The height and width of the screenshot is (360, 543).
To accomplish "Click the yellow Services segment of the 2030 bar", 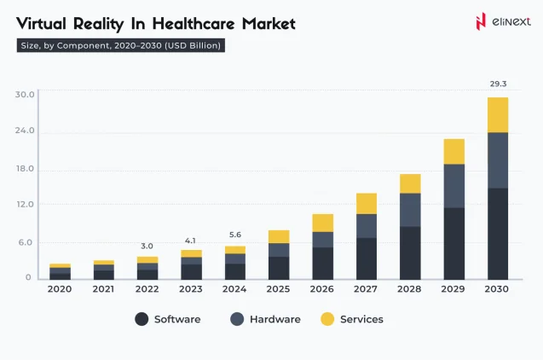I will pyautogui.click(x=497, y=114).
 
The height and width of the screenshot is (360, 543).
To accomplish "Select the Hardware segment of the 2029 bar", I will pyautogui.click(x=453, y=185).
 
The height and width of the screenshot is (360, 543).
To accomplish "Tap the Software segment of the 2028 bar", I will pyautogui.click(x=410, y=253).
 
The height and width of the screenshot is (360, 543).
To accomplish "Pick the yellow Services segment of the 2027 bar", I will pyautogui.click(x=367, y=203).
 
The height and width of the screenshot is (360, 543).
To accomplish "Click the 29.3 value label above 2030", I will pyautogui.click(x=497, y=84).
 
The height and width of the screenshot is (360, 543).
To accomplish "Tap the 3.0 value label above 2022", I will pyautogui.click(x=147, y=246).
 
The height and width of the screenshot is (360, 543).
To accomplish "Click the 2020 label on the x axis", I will pyautogui.click(x=60, y=290).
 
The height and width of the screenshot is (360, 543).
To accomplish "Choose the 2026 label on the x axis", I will pyautogui.click(x=322, y=290).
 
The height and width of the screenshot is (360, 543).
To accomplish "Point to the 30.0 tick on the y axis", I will pyautogui.click(x=25, y=94).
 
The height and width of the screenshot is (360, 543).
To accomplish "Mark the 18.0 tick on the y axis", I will pyautogui.click(x=25, y=169).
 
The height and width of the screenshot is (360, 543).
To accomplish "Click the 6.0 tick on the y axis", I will pyautogui.click(x=25, y=242).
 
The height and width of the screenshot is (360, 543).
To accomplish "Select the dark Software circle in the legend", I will pyautogui.click(x=142, y=319).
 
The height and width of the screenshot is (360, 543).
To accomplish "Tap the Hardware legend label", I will pyautogui.click(x=274, y=319).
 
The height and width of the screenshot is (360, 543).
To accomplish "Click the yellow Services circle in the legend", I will pyautogui.click(x=327, y=319).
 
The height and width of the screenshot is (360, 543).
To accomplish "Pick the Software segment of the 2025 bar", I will pyautogui.click(x=279, y=268).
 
